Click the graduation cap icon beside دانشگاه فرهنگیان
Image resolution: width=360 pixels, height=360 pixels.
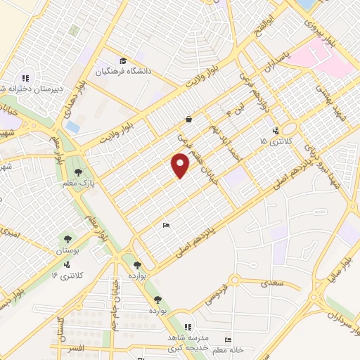(124, 61)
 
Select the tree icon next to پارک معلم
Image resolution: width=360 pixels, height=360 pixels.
(78, 172)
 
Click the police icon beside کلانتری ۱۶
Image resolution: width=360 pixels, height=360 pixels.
(66, 264)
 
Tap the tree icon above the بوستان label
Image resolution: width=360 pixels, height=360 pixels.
(68, 239)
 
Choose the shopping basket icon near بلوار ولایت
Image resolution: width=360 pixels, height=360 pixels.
(188, 119)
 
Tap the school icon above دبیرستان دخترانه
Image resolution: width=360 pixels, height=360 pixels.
(25, 78)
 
